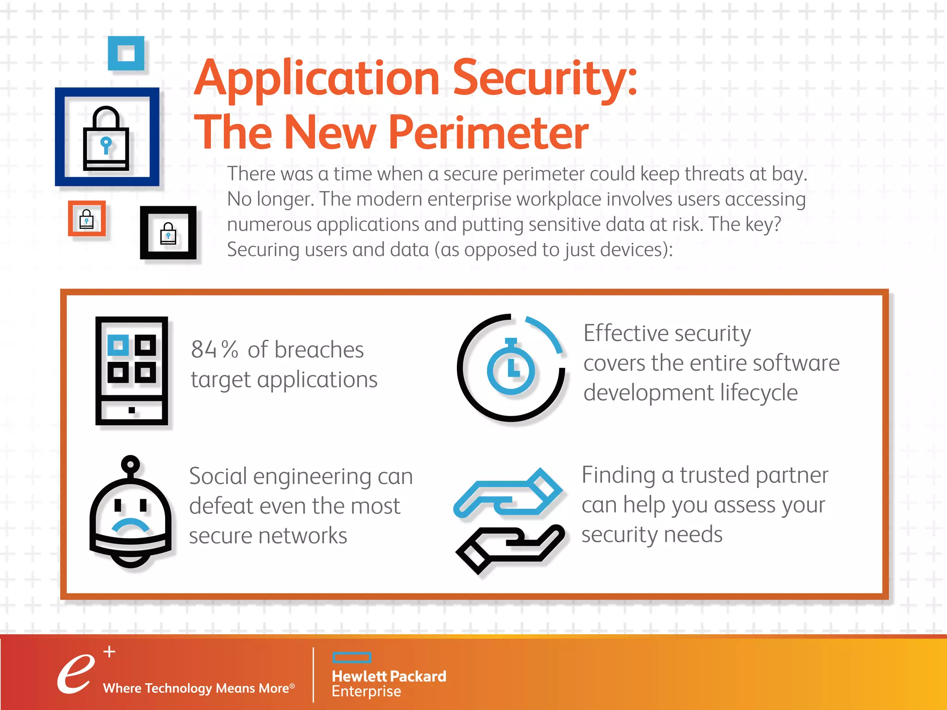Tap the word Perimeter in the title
point(488,133)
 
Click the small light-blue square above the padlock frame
point(126,53)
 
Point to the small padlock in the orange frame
point(86,219)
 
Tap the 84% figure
point(214,349)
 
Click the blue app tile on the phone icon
point(118,345)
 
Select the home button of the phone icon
point(132,410)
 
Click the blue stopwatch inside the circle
point(510,367)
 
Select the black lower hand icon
point(509,548)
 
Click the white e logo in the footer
point(75,673)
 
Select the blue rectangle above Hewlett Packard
point(352,657)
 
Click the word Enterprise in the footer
point(366,692)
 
